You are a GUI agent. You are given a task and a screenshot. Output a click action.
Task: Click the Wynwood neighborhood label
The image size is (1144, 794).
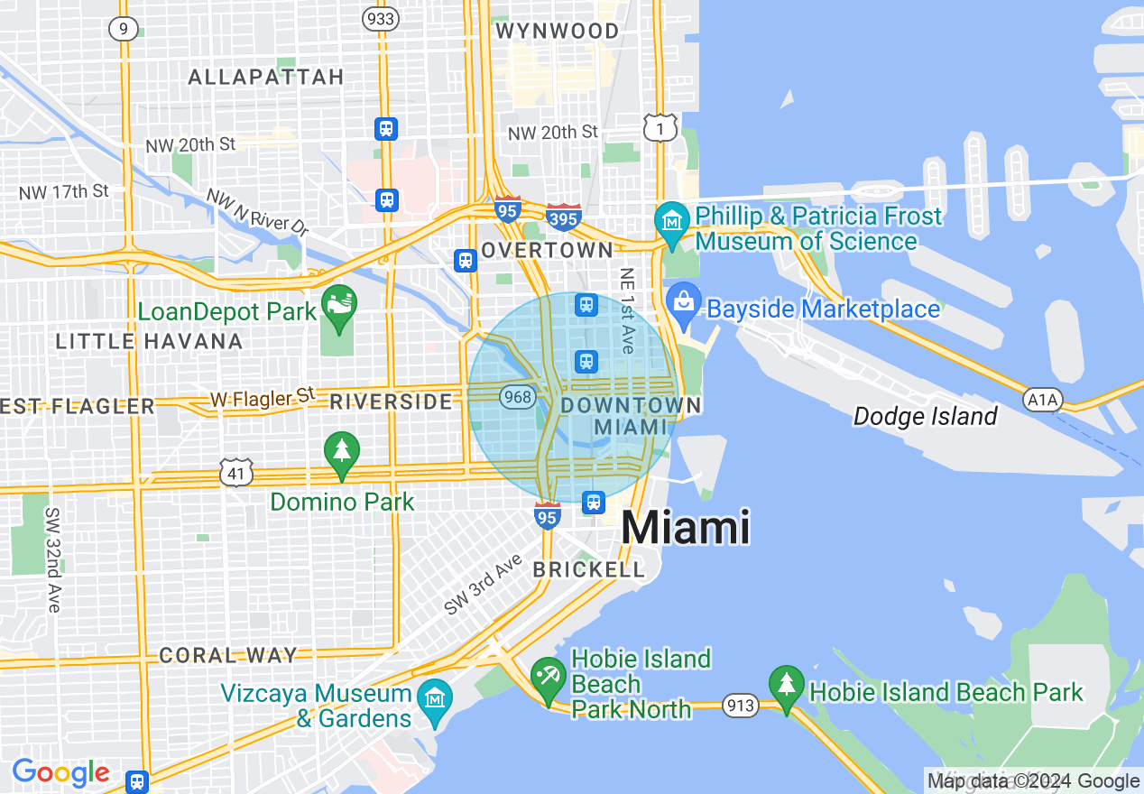point(558,31)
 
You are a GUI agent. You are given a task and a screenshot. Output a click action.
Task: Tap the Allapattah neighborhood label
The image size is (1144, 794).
point(266,77)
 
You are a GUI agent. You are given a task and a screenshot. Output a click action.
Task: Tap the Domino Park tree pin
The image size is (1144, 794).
point(342,452)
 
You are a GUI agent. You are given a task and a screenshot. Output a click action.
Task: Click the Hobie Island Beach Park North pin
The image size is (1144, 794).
point(548,678)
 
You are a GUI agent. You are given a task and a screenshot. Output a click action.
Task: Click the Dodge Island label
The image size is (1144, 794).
point(925,416)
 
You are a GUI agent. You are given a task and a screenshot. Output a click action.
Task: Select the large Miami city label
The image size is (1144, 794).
point(686,527)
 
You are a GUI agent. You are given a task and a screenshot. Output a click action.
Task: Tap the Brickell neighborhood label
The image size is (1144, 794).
point(589,569)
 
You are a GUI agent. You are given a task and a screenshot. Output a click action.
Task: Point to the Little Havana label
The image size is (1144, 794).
point(149,341)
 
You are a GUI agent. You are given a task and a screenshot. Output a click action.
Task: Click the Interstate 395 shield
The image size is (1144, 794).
point(563,217)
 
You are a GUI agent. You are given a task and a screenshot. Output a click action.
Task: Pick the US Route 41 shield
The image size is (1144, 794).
point(236,472)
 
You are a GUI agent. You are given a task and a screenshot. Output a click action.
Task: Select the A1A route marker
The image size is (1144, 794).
point(1043,399)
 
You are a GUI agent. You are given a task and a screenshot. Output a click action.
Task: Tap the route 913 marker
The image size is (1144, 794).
point(741,706)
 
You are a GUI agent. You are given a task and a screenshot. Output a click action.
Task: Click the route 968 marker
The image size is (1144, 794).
point(518,396)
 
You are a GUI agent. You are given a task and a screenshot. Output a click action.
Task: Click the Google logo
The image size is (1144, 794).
point(60,773)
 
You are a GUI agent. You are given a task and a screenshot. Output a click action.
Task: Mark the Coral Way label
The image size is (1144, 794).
point(228,655)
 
